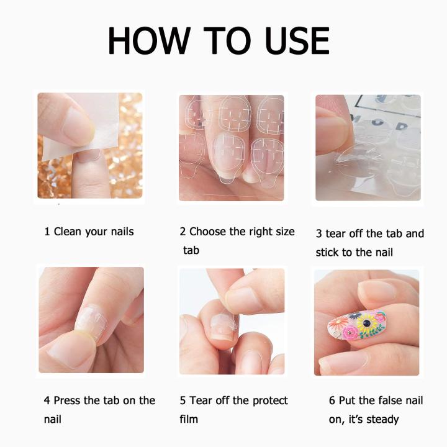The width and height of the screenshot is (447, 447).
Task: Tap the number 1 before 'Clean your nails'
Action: pos(47,232)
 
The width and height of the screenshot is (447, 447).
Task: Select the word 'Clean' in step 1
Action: pos(68,232)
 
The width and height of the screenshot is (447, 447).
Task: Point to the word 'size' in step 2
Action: pos(283,232)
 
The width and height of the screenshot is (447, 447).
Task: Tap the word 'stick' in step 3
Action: pos(328,253)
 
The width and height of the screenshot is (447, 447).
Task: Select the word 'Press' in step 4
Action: pos(68,400)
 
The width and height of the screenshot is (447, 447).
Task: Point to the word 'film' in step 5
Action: pos(189,419)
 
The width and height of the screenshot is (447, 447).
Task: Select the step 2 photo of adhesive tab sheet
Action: pos(231,148)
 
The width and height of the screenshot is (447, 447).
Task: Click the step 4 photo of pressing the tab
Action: pos(91,320)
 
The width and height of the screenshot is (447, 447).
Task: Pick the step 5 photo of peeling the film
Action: pos(231,320)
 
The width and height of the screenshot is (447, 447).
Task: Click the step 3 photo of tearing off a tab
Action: pos(368,148)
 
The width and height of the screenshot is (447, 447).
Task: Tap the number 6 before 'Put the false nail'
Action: pos(332,400)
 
